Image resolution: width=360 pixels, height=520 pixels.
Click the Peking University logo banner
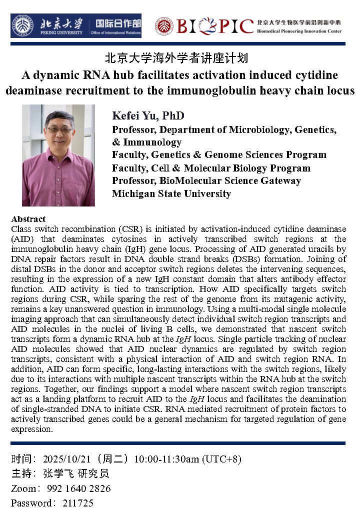click(x=76, y=25)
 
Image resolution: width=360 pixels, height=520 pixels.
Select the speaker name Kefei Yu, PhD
click(x=148, y=116)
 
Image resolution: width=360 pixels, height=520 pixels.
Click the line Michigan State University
click(x=171, y=194)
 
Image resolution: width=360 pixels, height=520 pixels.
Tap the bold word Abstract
click(x=28, y=219)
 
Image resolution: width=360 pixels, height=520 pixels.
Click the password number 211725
click(x=78, y=503)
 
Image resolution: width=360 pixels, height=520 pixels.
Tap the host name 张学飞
click(x=57, y=473)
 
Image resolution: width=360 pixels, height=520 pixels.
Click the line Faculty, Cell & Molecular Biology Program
click(x=211, y=168)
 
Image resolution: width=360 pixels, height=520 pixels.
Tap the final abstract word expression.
click(x=31, y=429)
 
